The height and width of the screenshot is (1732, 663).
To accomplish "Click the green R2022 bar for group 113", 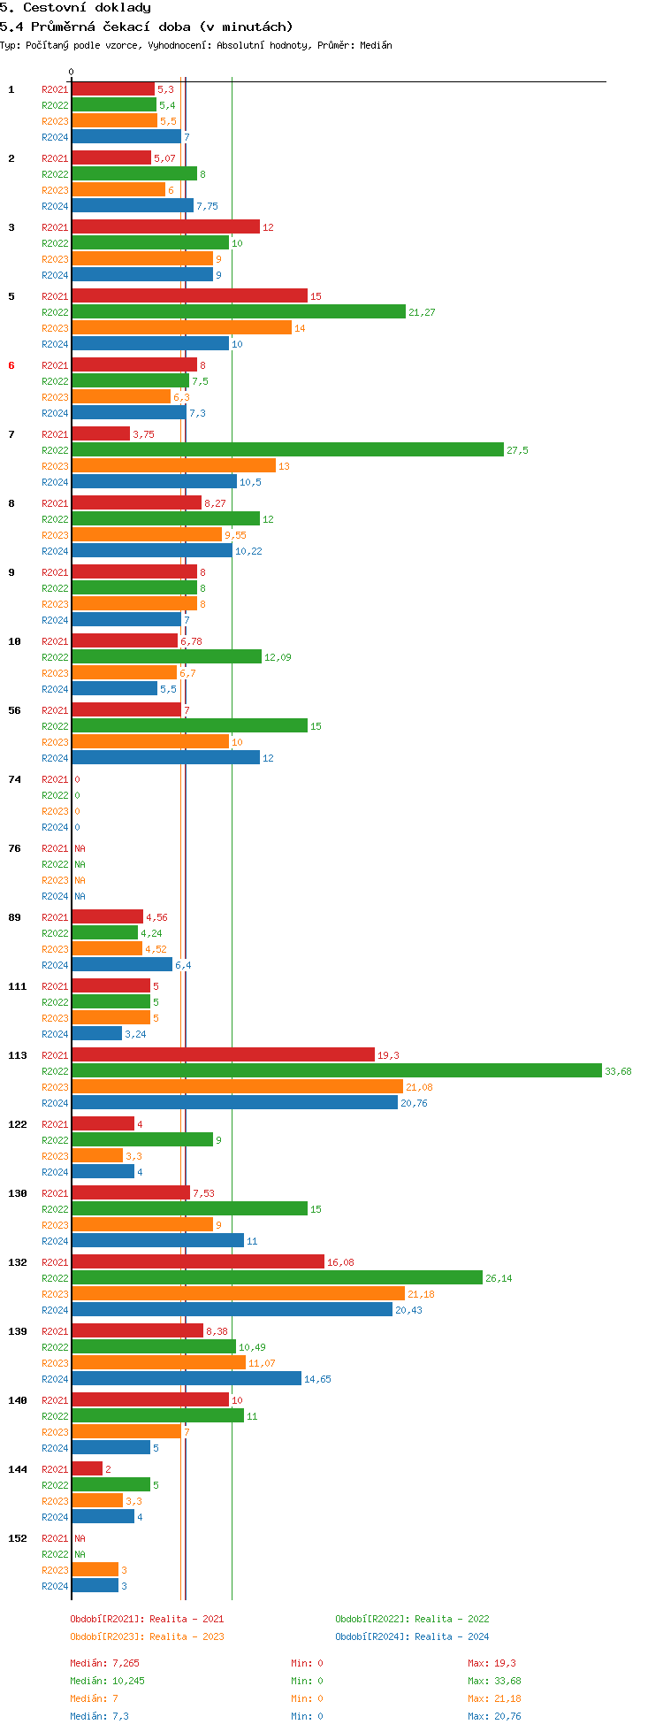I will tap(337, 1071).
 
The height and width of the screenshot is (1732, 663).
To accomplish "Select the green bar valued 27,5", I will tap(287, 450).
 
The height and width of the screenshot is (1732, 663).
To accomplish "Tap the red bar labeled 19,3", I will tap(223, 1055).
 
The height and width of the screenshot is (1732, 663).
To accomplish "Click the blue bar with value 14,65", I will tap(187, 1379).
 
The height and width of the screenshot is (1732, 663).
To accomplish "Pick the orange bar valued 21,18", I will tap(238, 1294).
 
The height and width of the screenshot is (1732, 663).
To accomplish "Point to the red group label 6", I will tap(11, 365).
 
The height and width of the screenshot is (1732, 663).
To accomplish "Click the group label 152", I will tap(17, 1538).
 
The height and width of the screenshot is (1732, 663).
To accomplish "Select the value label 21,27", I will tap(422, 312).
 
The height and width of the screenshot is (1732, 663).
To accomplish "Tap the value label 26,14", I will tap(499, 1278).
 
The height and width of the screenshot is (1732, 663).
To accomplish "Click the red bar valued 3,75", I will tap(101, 434).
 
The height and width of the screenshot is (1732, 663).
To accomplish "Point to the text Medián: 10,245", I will tap(107, 1681).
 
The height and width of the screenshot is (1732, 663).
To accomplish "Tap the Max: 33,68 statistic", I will tap(494, 1681).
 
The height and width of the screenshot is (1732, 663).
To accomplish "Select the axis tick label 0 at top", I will tap(72, 73).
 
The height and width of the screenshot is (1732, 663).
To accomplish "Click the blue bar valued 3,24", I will tap(97, 1034).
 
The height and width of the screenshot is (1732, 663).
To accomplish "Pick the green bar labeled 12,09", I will tap(166, 657).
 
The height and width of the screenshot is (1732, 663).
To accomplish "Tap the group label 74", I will tap(14, 779).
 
